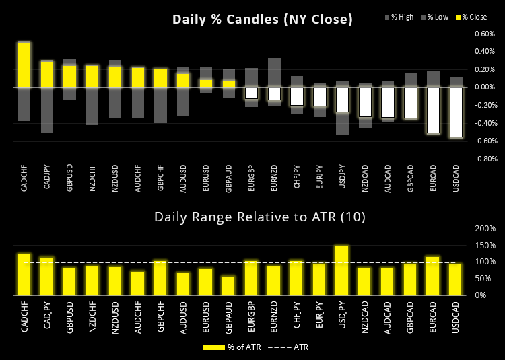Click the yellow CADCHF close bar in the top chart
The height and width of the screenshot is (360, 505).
pos(24,65)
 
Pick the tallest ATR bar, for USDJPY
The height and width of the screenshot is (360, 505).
pos(341,271)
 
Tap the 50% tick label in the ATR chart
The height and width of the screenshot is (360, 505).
pos(485,279)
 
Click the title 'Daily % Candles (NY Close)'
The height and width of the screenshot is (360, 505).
pos(263,19)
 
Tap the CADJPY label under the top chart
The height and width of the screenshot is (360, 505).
pos(46,178)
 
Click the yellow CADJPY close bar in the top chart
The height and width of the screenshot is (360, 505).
pos(46,75)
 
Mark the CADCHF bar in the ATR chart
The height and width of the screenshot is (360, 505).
pos(24,275)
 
